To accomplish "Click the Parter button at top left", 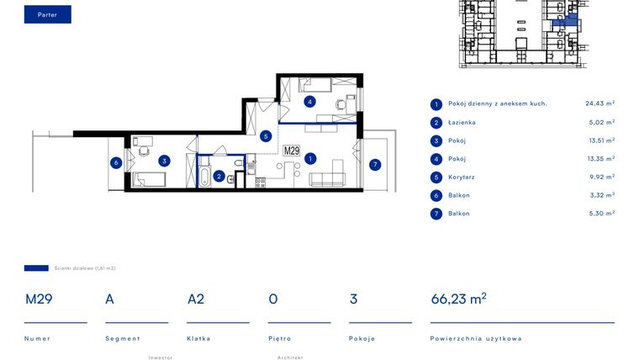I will [47, 14].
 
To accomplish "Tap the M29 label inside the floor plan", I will [291, 151].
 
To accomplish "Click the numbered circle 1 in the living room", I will [310, 157].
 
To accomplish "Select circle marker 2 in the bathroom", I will [219, 176].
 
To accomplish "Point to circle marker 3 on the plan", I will [165, 161].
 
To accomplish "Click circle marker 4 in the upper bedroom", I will [310, 102].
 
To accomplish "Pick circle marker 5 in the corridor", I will [266, 135].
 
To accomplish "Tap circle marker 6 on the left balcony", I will [116, 163].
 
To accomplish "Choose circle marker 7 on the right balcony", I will [375, 164].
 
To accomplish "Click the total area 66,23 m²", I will [458, 299].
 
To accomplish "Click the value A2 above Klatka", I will [196, 299].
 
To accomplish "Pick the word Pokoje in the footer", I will [362, 339].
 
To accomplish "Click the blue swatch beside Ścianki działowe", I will [36, 268].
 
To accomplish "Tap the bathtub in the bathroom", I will [204, 175].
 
